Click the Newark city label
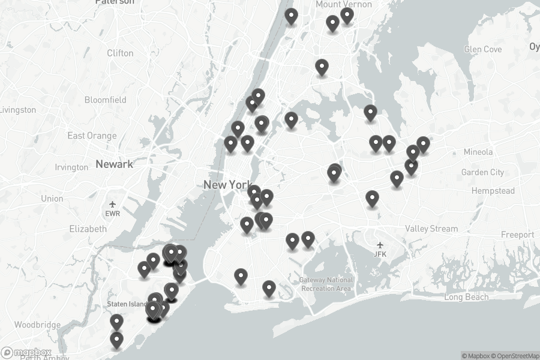[x=114, y=164]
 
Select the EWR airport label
[x=113, y=213]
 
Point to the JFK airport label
[x=380, y=254]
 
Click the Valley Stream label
[x=431, y=229]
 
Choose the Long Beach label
[x=467, y=297]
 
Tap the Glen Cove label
[x=483, y=49]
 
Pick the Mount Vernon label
[x=344, y=4]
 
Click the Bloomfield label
[x=106, y=100]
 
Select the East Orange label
[x=92, y=136]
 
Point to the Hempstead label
[x=493, y=191]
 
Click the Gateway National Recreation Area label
[x=327, y=284]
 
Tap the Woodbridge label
[x=37, y=325]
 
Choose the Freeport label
[x=517, y=235]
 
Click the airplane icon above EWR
[x=113, y=204]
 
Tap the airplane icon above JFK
[x=380, y=245]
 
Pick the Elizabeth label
[x=88, y=229]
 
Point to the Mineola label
[x=478, y=152]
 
